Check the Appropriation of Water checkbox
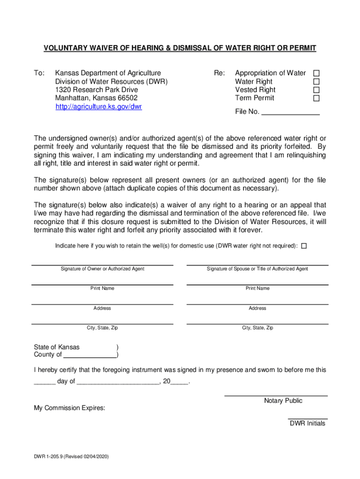[x=316, y=73]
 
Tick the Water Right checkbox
[x=316, y=82]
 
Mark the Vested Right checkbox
[x=316, y=90]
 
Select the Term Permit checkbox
[x=316, y=98]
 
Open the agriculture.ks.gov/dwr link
[x=99, y=107]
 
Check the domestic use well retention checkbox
[x=304, y=246]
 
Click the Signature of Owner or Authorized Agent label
[x=102, y=269]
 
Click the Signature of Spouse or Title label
[x=257, y=269]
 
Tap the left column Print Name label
[x=102, y=289]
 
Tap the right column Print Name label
[x=257, y=289]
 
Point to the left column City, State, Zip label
[x=102, y=328]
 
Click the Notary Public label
[x=283, y=401]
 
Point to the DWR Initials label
[x=307, y=424]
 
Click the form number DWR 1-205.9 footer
[x=71, y=457]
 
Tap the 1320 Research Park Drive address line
[x=96, y=90]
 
